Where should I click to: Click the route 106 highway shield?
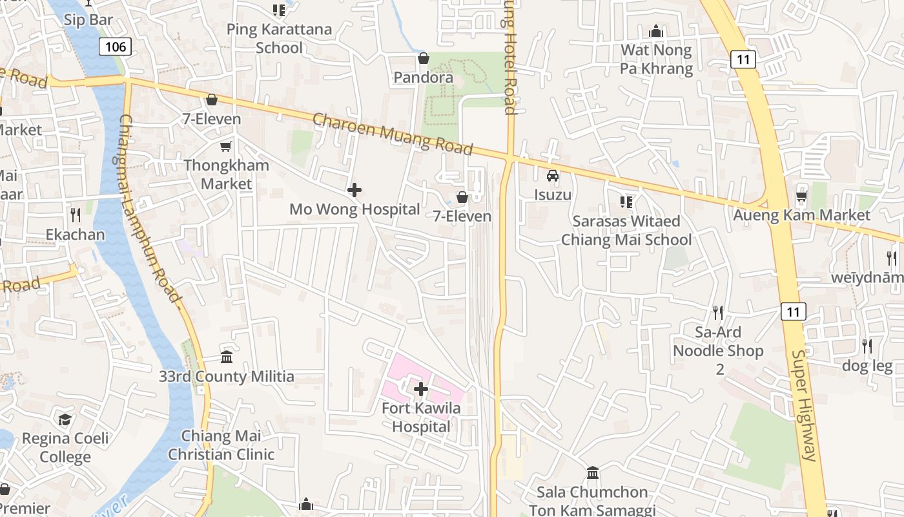tap(116, 47)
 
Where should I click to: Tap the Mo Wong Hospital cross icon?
tap(354, 190)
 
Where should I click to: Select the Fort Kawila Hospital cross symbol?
tap(421, 389)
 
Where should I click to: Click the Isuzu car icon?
tap(553, 175)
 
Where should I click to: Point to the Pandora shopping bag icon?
tap(424, 59)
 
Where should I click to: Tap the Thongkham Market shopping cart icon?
tap(225, 147)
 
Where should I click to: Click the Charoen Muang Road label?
tap(393, 134)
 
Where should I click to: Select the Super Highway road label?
tap(805, 405)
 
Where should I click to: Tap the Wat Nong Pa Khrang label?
tap(656, 59)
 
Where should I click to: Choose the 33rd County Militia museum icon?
tap(227, 357)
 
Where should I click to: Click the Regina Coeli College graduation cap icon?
tap(65, 420)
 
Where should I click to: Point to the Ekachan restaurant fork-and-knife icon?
tap(76, 215)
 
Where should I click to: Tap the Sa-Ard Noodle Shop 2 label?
tap(718, 350)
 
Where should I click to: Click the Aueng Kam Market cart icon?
tap(802, 196)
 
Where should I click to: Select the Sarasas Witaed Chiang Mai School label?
tap(626, 230)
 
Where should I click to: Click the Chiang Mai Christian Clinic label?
tap(221, 445)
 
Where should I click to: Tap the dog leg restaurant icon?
tap(867, 346)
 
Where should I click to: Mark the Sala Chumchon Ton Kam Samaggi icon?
tap(593, 472)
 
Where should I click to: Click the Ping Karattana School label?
tap(279, 38)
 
